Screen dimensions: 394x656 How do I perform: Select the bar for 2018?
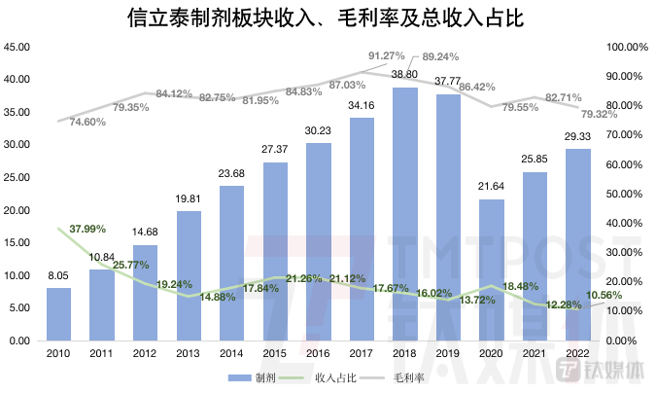(405, 214)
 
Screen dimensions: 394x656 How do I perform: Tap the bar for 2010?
(58, 314)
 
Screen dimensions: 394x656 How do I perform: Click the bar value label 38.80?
(405, 75)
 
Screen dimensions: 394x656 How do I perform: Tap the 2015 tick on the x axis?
(275, 356)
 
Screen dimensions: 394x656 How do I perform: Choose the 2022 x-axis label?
(578, 356)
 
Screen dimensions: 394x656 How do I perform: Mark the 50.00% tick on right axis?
(626, 195)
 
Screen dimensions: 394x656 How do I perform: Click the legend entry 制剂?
(255, 377)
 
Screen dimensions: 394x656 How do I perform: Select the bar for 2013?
(189, 276)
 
